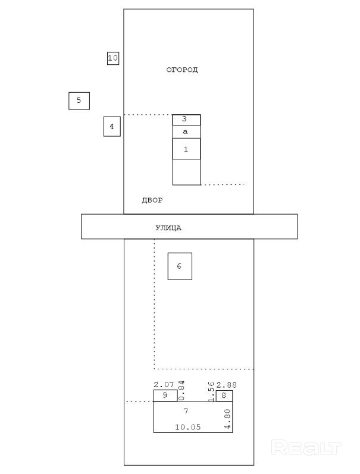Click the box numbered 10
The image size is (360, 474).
113,58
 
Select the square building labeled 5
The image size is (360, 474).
79,101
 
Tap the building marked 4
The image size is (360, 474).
112,126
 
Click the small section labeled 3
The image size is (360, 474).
186,120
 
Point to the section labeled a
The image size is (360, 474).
186,132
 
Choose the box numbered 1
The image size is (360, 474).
186,149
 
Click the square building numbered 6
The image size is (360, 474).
180,266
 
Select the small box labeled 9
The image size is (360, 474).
165,395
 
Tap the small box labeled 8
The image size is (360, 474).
224,395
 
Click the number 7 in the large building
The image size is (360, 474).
186,411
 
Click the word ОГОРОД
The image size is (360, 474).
182,70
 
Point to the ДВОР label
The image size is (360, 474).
152,200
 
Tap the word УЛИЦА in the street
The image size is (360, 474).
168,228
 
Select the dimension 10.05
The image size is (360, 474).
188,427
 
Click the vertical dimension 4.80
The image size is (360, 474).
227,420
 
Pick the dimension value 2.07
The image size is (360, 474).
164,385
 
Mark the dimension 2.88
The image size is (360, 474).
226,385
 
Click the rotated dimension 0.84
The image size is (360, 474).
181,391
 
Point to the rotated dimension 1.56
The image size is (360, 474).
211,391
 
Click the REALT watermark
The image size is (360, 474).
306,448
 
